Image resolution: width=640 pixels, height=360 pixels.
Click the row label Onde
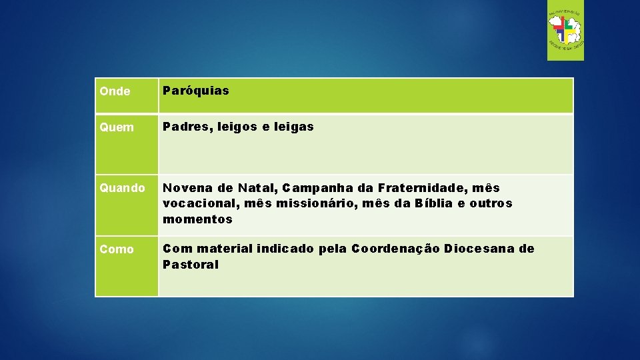pos(115,91)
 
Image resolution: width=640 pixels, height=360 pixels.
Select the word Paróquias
pos(196,91)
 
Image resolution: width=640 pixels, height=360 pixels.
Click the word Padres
pos(185,127)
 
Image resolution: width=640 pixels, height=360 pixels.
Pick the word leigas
pos(293,127)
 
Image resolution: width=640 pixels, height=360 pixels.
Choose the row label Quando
pos(121,189)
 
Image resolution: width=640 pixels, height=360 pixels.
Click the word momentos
pos(198,219)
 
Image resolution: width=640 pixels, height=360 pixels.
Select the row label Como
pos(117,249)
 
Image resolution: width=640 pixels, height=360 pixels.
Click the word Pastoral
pos(191,265)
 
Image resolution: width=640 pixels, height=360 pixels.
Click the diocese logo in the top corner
pos(565,31)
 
